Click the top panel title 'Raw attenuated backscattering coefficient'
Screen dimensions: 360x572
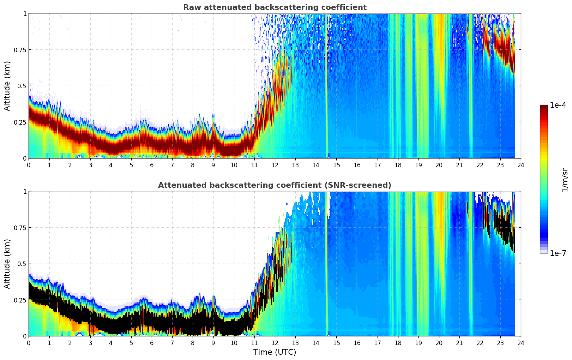(275, 7)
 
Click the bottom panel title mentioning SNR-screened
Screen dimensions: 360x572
(275, 185)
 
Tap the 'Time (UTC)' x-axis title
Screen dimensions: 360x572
(275, 352)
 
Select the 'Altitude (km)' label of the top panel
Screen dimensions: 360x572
(7, 86)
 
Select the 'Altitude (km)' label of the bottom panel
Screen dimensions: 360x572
(7, 264)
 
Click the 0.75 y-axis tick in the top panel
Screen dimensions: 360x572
(20, 50)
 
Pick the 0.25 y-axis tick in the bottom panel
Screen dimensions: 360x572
(20, 300)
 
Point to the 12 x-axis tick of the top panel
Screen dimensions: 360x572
(275, 165)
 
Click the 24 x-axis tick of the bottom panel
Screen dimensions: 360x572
(521, 343)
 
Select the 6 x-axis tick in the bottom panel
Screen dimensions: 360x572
(152, 343)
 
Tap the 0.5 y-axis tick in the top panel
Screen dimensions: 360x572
(22, 86)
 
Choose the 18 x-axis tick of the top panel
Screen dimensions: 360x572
(398, 165)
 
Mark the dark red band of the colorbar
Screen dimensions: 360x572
(543, 109)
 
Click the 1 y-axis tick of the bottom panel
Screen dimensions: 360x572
(25, 192)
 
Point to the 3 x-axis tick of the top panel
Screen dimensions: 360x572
(90, 165)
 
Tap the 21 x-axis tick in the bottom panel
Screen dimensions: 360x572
(459, 343)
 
